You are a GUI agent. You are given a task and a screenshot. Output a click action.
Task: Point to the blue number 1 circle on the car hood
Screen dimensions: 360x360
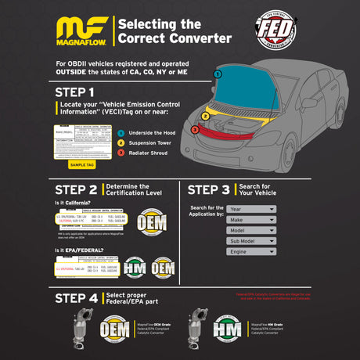pyautogui.click(x=217, y=74)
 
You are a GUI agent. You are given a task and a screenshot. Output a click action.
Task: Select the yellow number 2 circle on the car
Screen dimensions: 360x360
pyautogui.click(x=205, y=116)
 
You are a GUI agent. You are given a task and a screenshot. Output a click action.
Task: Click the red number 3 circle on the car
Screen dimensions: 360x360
pyautogui.click(x=195, y=129)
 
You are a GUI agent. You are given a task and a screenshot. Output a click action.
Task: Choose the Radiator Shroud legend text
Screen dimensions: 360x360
pyautogui.click(x=148, y=153)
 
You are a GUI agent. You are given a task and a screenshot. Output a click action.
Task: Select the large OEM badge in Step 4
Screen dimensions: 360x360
pyautogui.click(x=115, y=329)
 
